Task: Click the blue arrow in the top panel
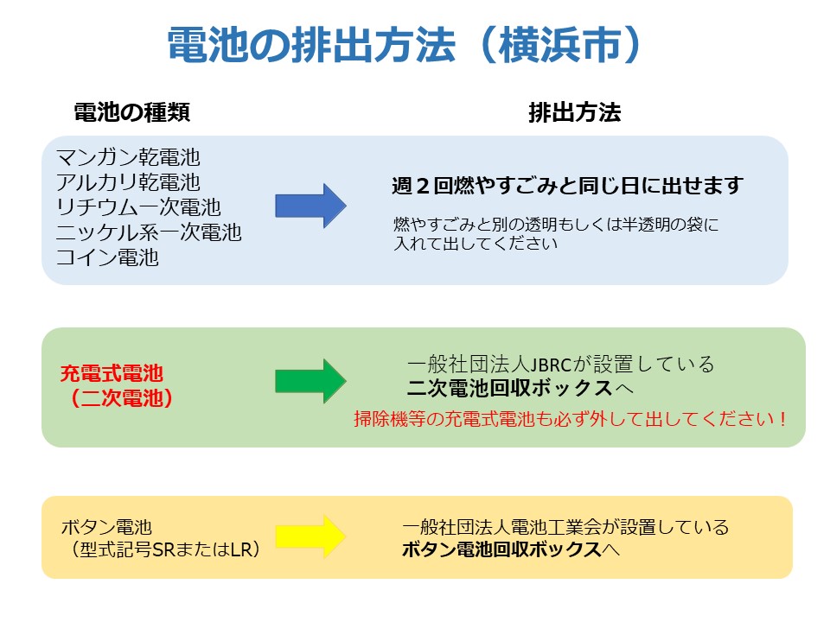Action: pyautogui.click(x=310, y=206)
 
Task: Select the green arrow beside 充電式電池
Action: pyautogui.click(x=310, y=381)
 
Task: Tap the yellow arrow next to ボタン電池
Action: pyautogui.click(x=310, y=536)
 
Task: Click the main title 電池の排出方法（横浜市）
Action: pyautogui.click(x=405, y=46)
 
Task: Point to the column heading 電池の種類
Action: pyautogui.click(x=131, y=112)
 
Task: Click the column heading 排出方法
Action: pyautogui.click(x=574, y=112)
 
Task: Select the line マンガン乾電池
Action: pyautogui.click(x=128, y=157)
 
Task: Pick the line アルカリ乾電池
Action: pyautogui.click(x=128, y=182)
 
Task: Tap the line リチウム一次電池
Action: pyautogui.click(x=138, y=206)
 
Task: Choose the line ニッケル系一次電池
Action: pyautogui.click(x=149, y=232)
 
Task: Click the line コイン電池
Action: pyautogui.click(x=107, y=257)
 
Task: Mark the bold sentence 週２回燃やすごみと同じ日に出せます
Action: pyautogui.click(x=567, y=186)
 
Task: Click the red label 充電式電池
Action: pyautogui.click(x=112, y=373)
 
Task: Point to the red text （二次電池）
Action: pyautogui.click(x=122, y=397)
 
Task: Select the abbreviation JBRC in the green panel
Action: pyautogui.click(x=551, y=365)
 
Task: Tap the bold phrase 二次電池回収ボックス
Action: pyautogui.click(x=510, y=388)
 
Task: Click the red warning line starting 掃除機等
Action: pyautogui.click(x=570, y=419)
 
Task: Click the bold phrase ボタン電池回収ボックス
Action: pyautogui.click(x=501, y=549)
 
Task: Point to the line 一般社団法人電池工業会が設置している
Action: pyautogui.click(x=565, y=527)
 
